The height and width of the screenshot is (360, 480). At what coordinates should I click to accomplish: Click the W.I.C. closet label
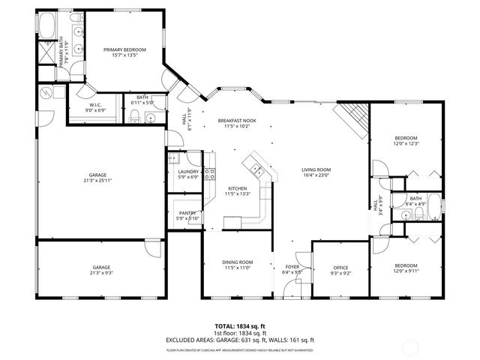tap(94, 106)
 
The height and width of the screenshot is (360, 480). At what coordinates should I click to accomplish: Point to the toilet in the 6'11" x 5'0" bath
tap(133, 115)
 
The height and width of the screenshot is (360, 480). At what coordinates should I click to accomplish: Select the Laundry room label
tap(188, 172)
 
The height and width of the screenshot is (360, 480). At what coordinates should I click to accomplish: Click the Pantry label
tap(187, 213)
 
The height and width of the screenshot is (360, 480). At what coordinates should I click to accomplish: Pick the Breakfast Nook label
tap(237, 120)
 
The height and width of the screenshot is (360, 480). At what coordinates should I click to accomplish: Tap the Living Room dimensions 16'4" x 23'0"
tap(316, 175)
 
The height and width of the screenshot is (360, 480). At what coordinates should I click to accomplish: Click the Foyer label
tap(292, 266)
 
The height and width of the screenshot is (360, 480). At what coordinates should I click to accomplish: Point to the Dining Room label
tap(238, 262)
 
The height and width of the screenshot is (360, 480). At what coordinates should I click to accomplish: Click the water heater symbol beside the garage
tap(46, 94)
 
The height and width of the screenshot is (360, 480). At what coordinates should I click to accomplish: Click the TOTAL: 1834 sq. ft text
tap(240, 326)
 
